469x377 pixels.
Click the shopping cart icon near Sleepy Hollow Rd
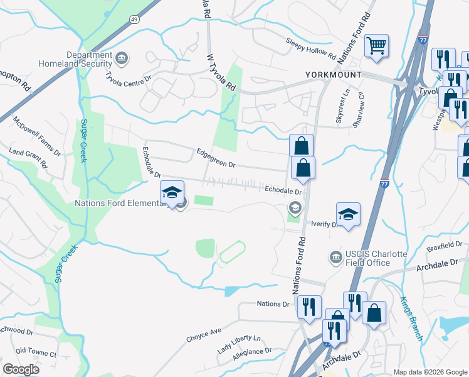[x=376, y=45]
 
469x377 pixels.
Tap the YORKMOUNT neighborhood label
[x=333, y=75]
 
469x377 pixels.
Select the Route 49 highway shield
[x=134, y=19]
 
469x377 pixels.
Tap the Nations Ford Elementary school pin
[x=171, y=194]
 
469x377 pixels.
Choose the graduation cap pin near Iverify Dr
[x=349, y=214]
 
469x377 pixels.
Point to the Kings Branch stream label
[x=411, y=319]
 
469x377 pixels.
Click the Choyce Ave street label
[x=204, y=334]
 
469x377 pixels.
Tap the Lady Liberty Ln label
[x=238, y=342]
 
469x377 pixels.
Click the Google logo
[x=21, y=369]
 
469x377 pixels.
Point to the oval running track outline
[x=231, y=253]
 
